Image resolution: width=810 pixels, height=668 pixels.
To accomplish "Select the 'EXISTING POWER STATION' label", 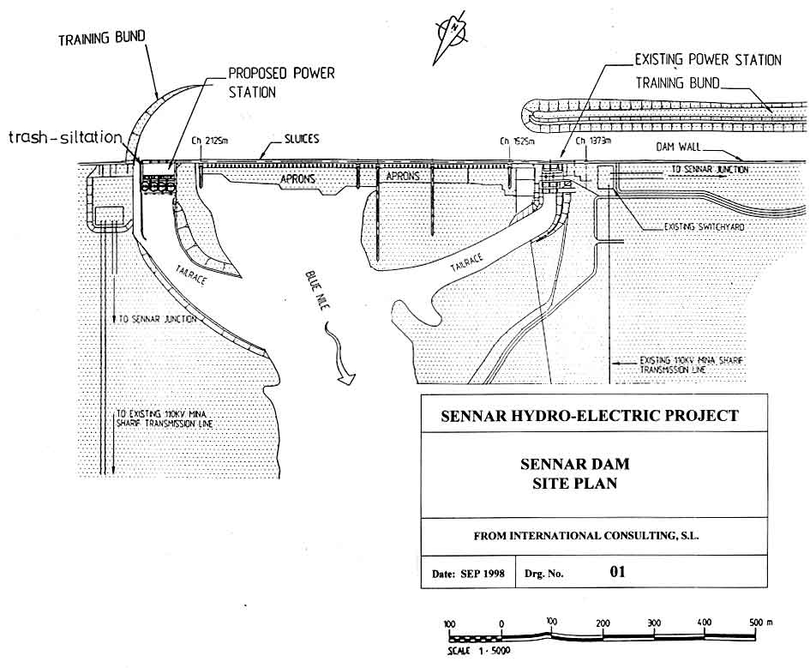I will point(707,60).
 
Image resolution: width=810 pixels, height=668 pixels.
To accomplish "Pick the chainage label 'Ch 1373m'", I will point(593,141).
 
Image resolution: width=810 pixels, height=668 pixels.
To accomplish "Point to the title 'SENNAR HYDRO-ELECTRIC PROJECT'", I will point(589,416).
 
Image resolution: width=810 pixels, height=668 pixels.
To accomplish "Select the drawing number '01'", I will point(617,571).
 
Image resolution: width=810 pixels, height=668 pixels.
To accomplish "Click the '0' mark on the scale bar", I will point(501,623).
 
